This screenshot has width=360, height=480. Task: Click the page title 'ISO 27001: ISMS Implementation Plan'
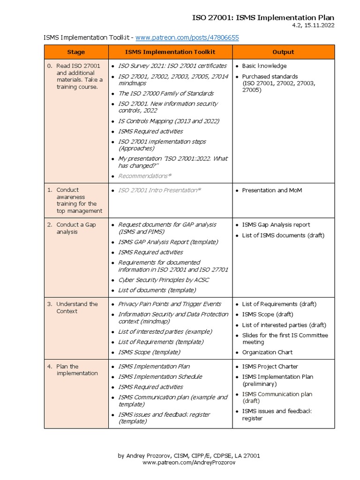pyautogui.click(x=263, y=18)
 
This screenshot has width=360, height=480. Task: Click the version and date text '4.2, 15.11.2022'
pyautogui.click(x=313, y=26)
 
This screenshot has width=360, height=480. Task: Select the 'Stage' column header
pyautogui.click(x=76, y=52)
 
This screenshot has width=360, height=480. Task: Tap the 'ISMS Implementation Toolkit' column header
pyautogui.click(x=170, y=52)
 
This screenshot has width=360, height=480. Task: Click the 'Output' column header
pyautogui.click(x=283, y=52)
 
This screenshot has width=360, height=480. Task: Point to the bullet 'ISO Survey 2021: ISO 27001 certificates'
pyautogui.click(x=172, y=66)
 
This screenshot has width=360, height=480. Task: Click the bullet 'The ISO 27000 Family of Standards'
pyautogui.click(x=165, y=93)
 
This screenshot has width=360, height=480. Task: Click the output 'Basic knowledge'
pyautogui.click(x=264, y=66)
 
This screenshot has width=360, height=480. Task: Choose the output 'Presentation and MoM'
pyautogui.click(x=272, y=190)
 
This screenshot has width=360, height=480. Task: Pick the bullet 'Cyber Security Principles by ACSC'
pyautogui.click(x=164, y=280)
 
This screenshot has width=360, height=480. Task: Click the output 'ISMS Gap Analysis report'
pyautogui.click(x=276, y=225)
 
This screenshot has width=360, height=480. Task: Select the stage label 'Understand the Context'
pyautogui.click(x=77, y=307)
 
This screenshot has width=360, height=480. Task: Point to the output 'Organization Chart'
pyautogui.click(x=267, y=352)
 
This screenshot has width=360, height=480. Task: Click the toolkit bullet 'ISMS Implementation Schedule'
pyautogui.click(x=160, y=377)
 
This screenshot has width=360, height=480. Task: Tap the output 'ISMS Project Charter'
pyautogui.click(x=270, y=367)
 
